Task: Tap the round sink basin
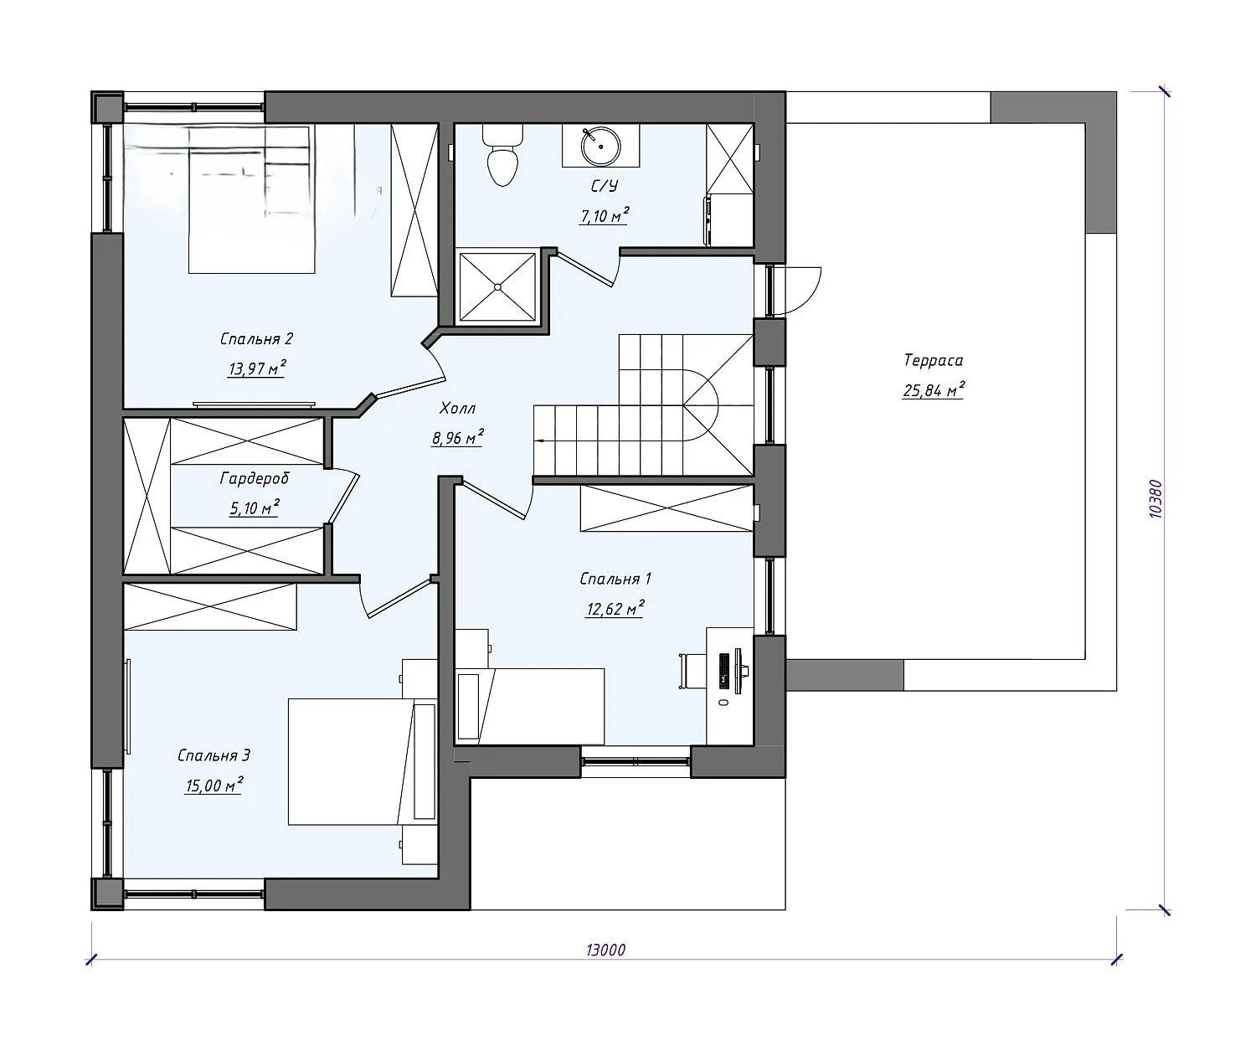(600, 146)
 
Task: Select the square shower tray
(497, 287)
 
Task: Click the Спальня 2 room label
(256, 339)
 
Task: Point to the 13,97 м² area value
(256, 368)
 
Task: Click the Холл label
(457, 409)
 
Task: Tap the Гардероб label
(255, 479)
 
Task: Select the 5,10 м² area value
(254, 507)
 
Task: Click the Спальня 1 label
(615, 579)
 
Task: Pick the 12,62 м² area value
(615, 609)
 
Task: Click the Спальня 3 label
(214, 755)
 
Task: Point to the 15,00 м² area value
(214, 785)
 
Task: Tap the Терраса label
(933, 361)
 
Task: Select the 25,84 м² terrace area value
(933, 390)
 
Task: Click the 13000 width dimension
(605, 950)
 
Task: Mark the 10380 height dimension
(1155, 499)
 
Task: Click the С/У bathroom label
(604, 186)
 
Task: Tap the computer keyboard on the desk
(723, 670)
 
